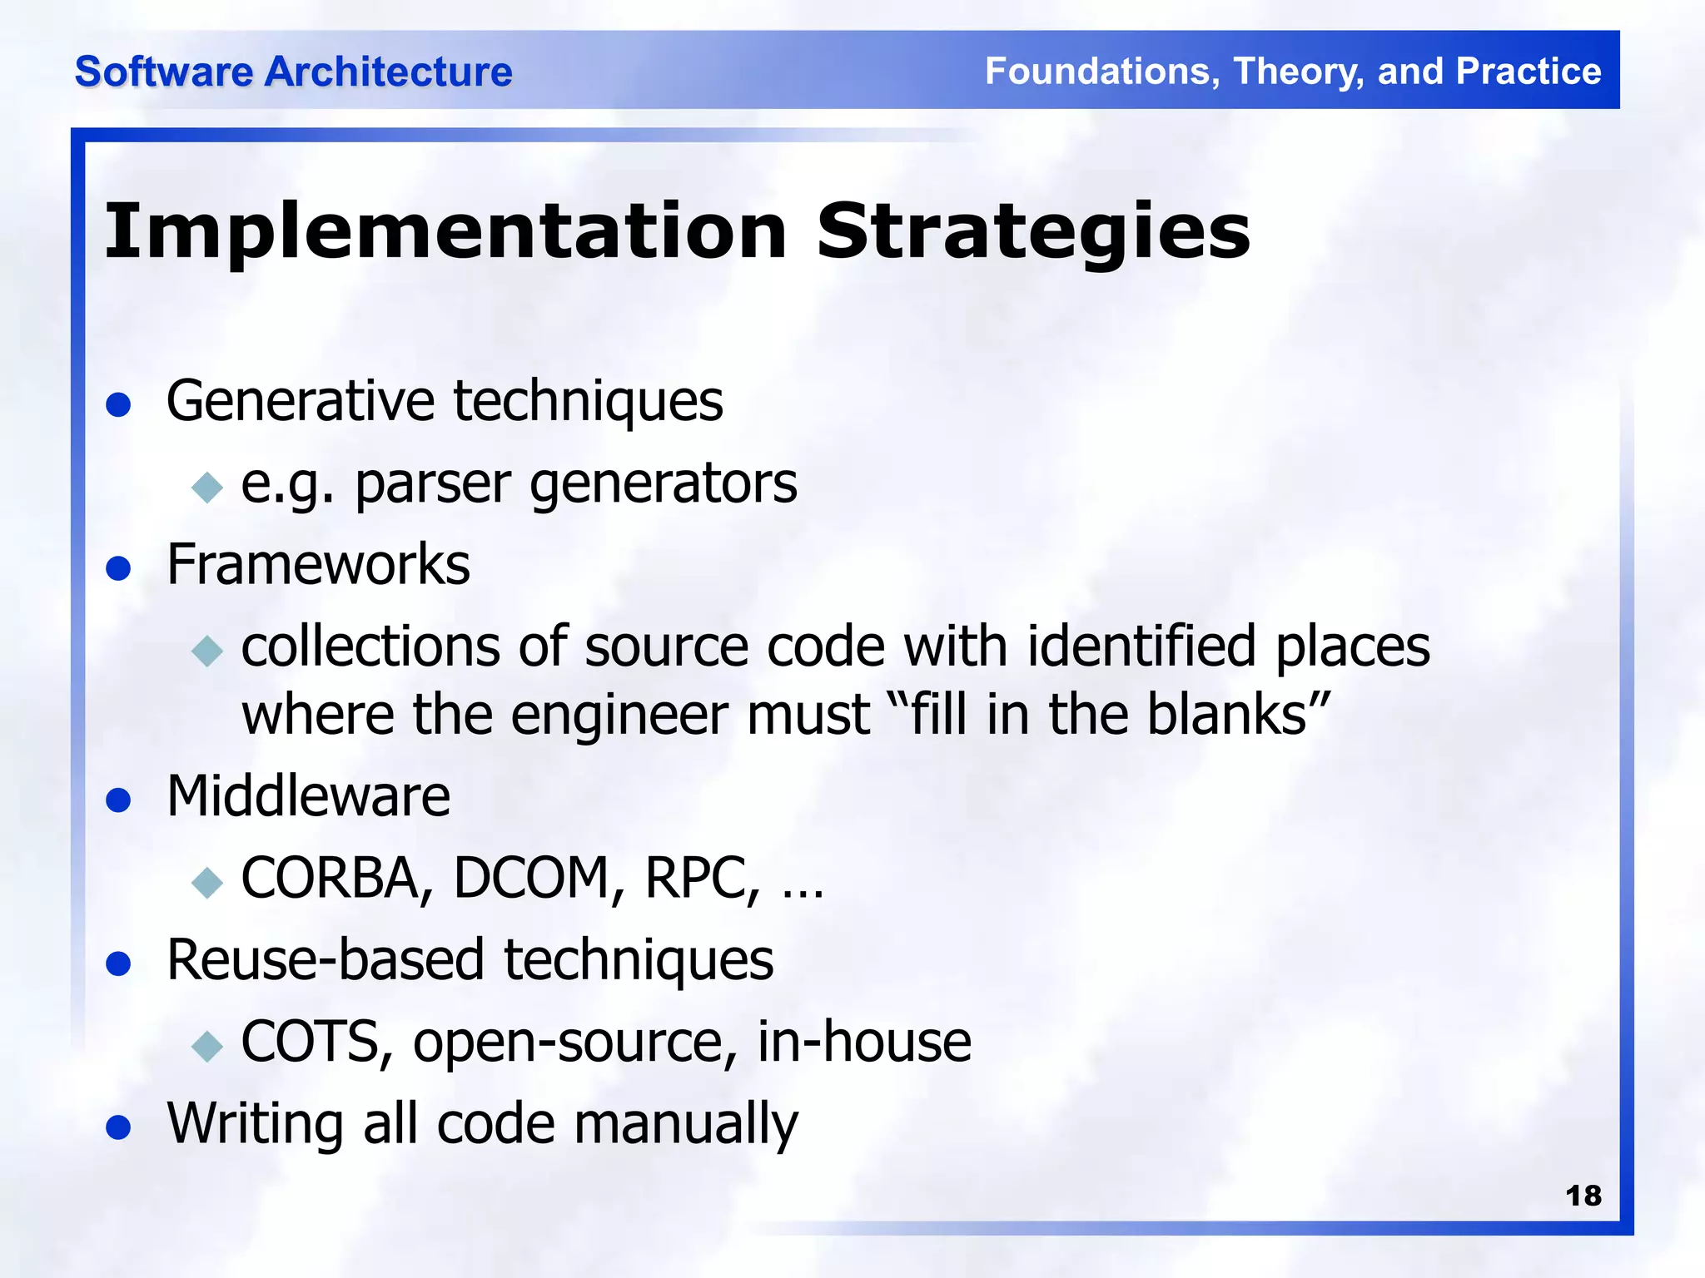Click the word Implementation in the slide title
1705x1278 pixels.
(x=445, y=232)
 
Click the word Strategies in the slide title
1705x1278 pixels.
(x=1033, y=232)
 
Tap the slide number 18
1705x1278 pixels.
(x=1583, y=1196)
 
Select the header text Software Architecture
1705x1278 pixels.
(x=293, y=72)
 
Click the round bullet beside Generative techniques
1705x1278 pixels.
(x=119, y=405)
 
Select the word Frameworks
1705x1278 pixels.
(x=318, y=565)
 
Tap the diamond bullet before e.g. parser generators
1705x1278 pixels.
(x=207, y=487)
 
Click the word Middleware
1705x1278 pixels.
(x=308, y=796)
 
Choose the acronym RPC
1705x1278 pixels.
(x=702, y=879)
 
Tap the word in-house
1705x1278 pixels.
(x=863, y=1042)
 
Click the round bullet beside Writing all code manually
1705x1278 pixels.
(x=119, y=1128)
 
